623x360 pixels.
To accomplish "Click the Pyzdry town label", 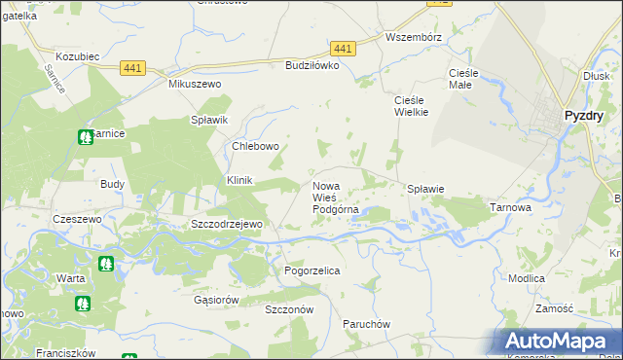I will tap(584, 116).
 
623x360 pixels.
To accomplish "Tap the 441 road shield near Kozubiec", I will tap(133, 67).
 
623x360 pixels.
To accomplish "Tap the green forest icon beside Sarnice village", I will tap(86, 137).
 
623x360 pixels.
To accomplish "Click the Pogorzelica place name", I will tap(311, 270).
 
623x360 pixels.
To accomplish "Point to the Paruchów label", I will tap(366, 323).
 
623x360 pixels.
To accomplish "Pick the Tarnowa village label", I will tap(509, 207).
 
